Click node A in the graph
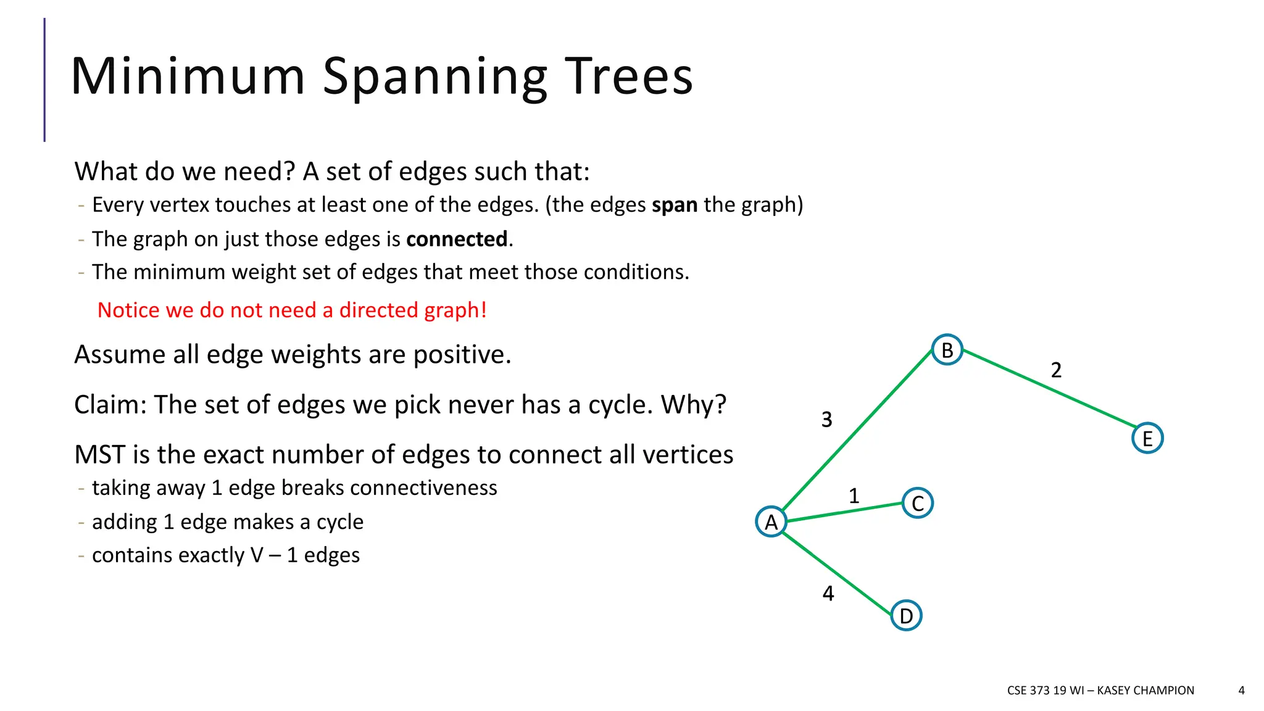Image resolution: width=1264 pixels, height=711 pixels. coord(771,522)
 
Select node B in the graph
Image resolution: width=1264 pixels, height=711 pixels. coord(947,350)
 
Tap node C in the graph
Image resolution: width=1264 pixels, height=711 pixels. coord(918,503)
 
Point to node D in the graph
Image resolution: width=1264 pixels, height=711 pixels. coord(906,615)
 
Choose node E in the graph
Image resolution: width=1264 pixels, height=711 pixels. coord(1147,438)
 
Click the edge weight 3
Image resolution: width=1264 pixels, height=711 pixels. coord(827,420)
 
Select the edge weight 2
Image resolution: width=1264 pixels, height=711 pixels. coord(1056,370)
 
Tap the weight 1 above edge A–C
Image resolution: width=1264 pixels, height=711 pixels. coord(854,496)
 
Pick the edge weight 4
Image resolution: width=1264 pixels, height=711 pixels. coord(828,593)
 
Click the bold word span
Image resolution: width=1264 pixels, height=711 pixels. coord(675,205)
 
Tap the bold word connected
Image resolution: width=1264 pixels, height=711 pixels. coord(457,239)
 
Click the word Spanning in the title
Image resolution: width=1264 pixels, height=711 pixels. coord(434,77)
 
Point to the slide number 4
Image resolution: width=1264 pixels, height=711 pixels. coord(1241,690)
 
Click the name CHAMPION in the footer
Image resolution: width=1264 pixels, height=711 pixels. coord(1163,690)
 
